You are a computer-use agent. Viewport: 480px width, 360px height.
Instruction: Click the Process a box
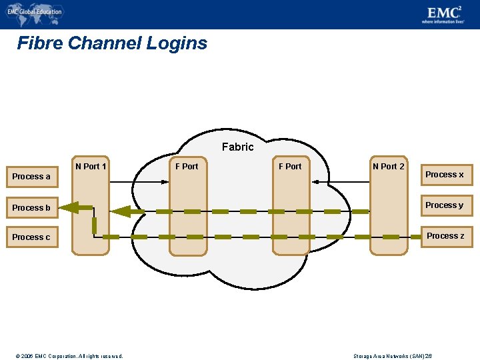point(31,177)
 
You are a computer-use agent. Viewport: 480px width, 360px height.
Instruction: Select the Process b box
point(31,208)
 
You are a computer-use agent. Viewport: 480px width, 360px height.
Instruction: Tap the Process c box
point(31,237)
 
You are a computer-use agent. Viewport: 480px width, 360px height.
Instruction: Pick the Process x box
point(445,175)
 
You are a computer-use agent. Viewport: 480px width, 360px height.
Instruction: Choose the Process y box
point(445,205)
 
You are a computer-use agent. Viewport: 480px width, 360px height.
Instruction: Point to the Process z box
point(445,236)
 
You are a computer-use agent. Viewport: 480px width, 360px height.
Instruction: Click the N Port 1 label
point(91,166)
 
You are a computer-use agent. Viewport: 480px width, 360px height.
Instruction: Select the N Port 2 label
point(388,166)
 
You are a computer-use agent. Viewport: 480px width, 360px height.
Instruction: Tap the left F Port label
point(187,166)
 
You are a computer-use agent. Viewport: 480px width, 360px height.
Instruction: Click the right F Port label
point(290,166)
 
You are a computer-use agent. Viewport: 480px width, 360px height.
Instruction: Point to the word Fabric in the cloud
point(237,147)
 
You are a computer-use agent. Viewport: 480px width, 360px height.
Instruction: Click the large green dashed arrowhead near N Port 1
point(121,212)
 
